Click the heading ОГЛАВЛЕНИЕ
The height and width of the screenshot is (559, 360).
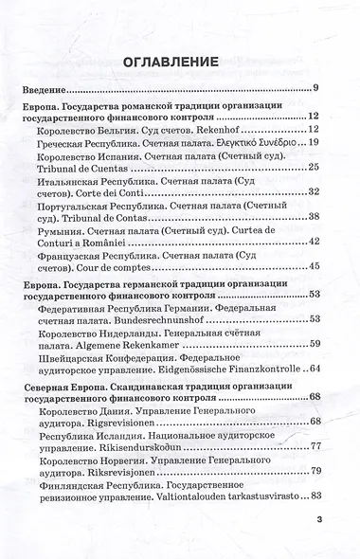(179, 63)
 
